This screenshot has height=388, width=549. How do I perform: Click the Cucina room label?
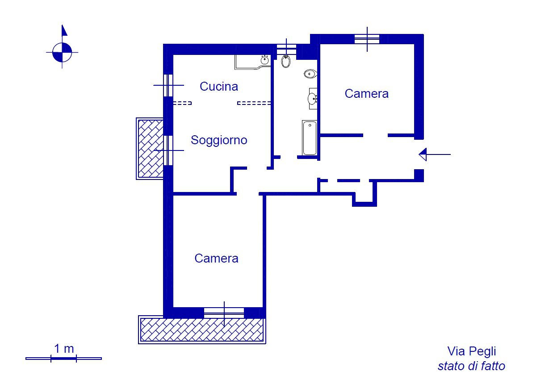point(218,87)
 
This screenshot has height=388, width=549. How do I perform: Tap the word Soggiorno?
point(219,140)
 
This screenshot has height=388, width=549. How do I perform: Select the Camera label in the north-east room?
point(366,94)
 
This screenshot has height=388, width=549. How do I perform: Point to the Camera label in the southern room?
point(216,259)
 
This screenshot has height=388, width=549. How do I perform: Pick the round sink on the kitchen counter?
point(264,60)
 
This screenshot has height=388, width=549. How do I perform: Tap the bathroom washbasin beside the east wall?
point(313,98)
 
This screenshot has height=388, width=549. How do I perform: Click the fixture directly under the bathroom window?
point(286,62)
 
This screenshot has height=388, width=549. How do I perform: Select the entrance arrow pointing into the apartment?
point(434,154)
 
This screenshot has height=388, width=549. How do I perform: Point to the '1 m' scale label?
point(64,349)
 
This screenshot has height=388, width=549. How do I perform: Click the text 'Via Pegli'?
point(471,351)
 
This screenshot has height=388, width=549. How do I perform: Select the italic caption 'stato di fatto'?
point(471,367)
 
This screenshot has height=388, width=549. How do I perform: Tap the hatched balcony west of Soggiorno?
point(150,148)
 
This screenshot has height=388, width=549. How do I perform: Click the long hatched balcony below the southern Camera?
point(202,330)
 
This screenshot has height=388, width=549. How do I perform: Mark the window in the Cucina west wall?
point(168,85)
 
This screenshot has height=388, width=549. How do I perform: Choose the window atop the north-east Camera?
point(367,39)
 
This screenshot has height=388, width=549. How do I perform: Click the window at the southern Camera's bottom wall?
point(224,313)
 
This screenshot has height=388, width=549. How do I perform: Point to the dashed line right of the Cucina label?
point(254,103)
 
